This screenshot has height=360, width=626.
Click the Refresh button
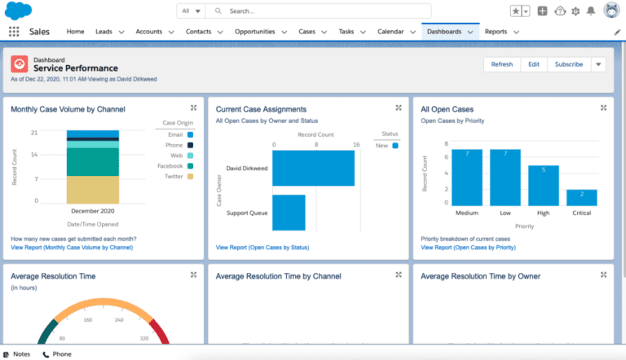tap(502, 64)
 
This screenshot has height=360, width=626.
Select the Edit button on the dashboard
tap(533, 64)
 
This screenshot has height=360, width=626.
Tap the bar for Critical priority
tap(582, 197)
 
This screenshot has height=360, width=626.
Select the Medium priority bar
tap(467, 178)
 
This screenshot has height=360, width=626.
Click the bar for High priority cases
tap(544, 185)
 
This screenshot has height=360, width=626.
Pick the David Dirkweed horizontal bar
tap(313, 169)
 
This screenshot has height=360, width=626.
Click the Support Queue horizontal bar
tap(289, 212)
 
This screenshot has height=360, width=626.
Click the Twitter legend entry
tap(173, 176)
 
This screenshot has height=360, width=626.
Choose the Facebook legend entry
tap(170, 165)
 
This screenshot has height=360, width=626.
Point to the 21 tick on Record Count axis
tap(34, 133)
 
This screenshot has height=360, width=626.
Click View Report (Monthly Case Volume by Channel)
tap(72, 247)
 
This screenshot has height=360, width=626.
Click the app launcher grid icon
tap(14, 32)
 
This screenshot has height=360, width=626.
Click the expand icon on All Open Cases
tap(604, 108)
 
